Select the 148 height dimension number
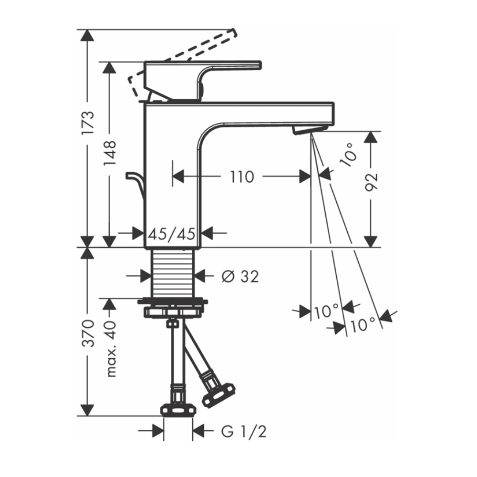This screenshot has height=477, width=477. [x=110, y=153]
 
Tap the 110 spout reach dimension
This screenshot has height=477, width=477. [x=242, y=177]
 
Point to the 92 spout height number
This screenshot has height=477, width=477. [x=371, y=182]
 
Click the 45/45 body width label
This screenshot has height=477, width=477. [x=172, y=234]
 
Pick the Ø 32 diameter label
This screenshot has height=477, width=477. [x=240, y=276]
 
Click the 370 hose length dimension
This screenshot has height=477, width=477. [x=88, y=333]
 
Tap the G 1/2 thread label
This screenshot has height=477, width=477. [x=244, y=431]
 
